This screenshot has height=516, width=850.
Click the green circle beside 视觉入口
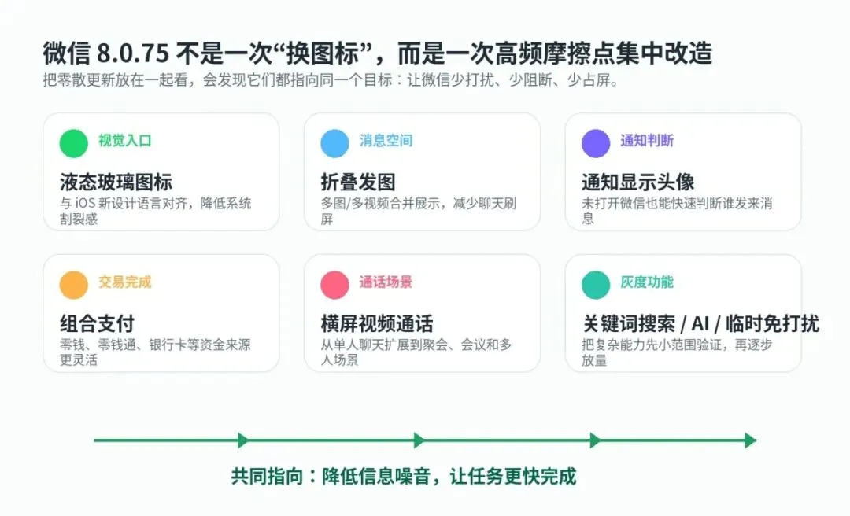(x=74, y=144)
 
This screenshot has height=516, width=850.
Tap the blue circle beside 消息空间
(x=335, y=144)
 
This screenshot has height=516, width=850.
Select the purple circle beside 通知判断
(x=596, y=144)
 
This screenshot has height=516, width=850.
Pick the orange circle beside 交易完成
(x=74, y=285)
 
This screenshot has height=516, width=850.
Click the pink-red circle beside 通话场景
(x=335, y=285)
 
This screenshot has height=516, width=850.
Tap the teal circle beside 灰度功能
(x=596, y=285)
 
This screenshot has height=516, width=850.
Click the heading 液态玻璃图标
(x=116, y=182)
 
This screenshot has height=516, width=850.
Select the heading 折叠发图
(x=358, y=182)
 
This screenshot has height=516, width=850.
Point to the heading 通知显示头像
(x=638, y=182)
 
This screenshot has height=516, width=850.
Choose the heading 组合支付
(x=97, y=324)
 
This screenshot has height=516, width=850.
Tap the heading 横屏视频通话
(x=377, y=324)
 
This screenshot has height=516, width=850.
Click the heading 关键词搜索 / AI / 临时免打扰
(x=700, y=324)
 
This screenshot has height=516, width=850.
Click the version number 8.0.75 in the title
(x=133, y=53)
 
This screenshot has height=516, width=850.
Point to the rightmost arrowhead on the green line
(x=751, y=440)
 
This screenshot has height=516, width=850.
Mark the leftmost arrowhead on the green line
(x=243, y=440)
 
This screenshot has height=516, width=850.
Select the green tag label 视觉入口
(x=124, y=141)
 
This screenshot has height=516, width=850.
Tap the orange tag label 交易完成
(x=124, y=282)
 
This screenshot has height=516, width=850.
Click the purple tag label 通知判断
(x=647, y=141)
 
